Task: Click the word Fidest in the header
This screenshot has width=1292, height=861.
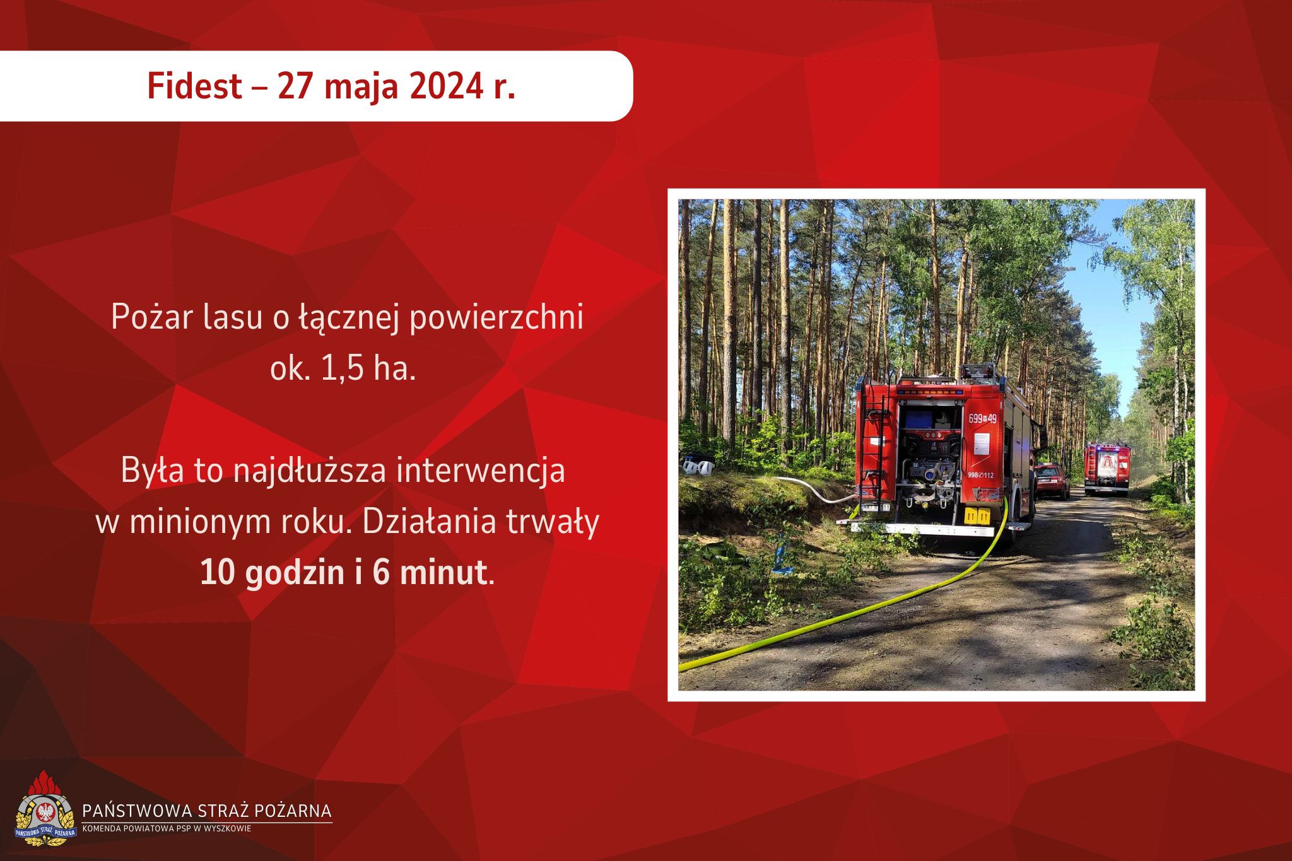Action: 194,86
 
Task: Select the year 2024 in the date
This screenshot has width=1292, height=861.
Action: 447,86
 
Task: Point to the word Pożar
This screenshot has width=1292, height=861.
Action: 151,316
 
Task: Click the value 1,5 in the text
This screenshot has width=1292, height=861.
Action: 342,368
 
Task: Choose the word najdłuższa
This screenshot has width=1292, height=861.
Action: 310,471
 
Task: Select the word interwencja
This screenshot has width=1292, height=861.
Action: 481,471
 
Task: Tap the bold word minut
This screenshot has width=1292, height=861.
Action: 443,572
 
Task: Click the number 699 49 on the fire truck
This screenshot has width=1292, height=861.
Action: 982,419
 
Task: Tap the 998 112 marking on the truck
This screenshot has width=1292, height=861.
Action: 980,475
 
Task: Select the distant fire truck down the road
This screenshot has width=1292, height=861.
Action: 1107,468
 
